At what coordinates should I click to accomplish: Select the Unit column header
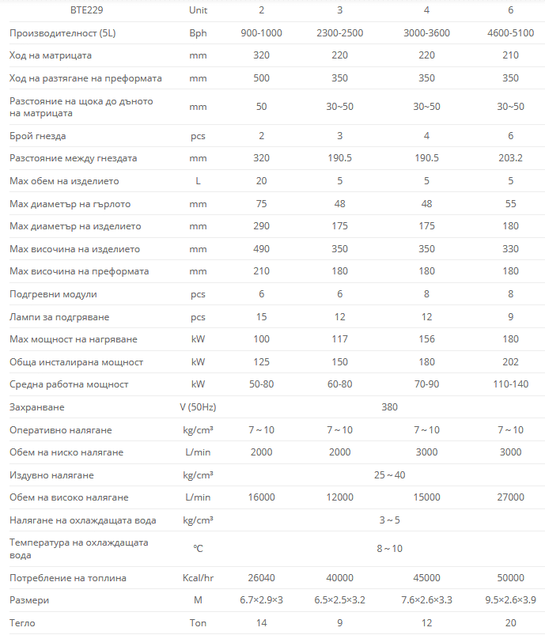pos(198,10)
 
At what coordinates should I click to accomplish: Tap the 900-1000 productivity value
pos(261,33)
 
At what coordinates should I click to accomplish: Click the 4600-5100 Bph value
pos(510,33)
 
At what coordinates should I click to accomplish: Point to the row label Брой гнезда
pos(38,136)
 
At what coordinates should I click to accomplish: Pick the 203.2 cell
pos(510,158)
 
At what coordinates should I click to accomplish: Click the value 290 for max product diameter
pos(261,226)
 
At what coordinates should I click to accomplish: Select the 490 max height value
pos(261,249)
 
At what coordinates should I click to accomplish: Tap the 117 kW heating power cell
pos(339,339)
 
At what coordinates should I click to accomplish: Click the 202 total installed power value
pos(510,362)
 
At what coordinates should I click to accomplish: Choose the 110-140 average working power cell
pos(510,384)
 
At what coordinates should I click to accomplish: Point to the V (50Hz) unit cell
pos(198,407)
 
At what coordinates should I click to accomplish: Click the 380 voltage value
pos(389,407)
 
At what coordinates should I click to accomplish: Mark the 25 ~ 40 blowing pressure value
pos(389,475)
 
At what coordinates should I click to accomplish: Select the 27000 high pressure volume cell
pos(510,497)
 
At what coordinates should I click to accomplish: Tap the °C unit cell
pos(198,549)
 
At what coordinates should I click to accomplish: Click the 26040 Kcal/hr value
pos(261,578)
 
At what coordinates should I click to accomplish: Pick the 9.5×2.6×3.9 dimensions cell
pos(510,600)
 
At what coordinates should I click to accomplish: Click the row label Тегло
pos(22,623)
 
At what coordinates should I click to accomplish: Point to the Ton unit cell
pos(198,623)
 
